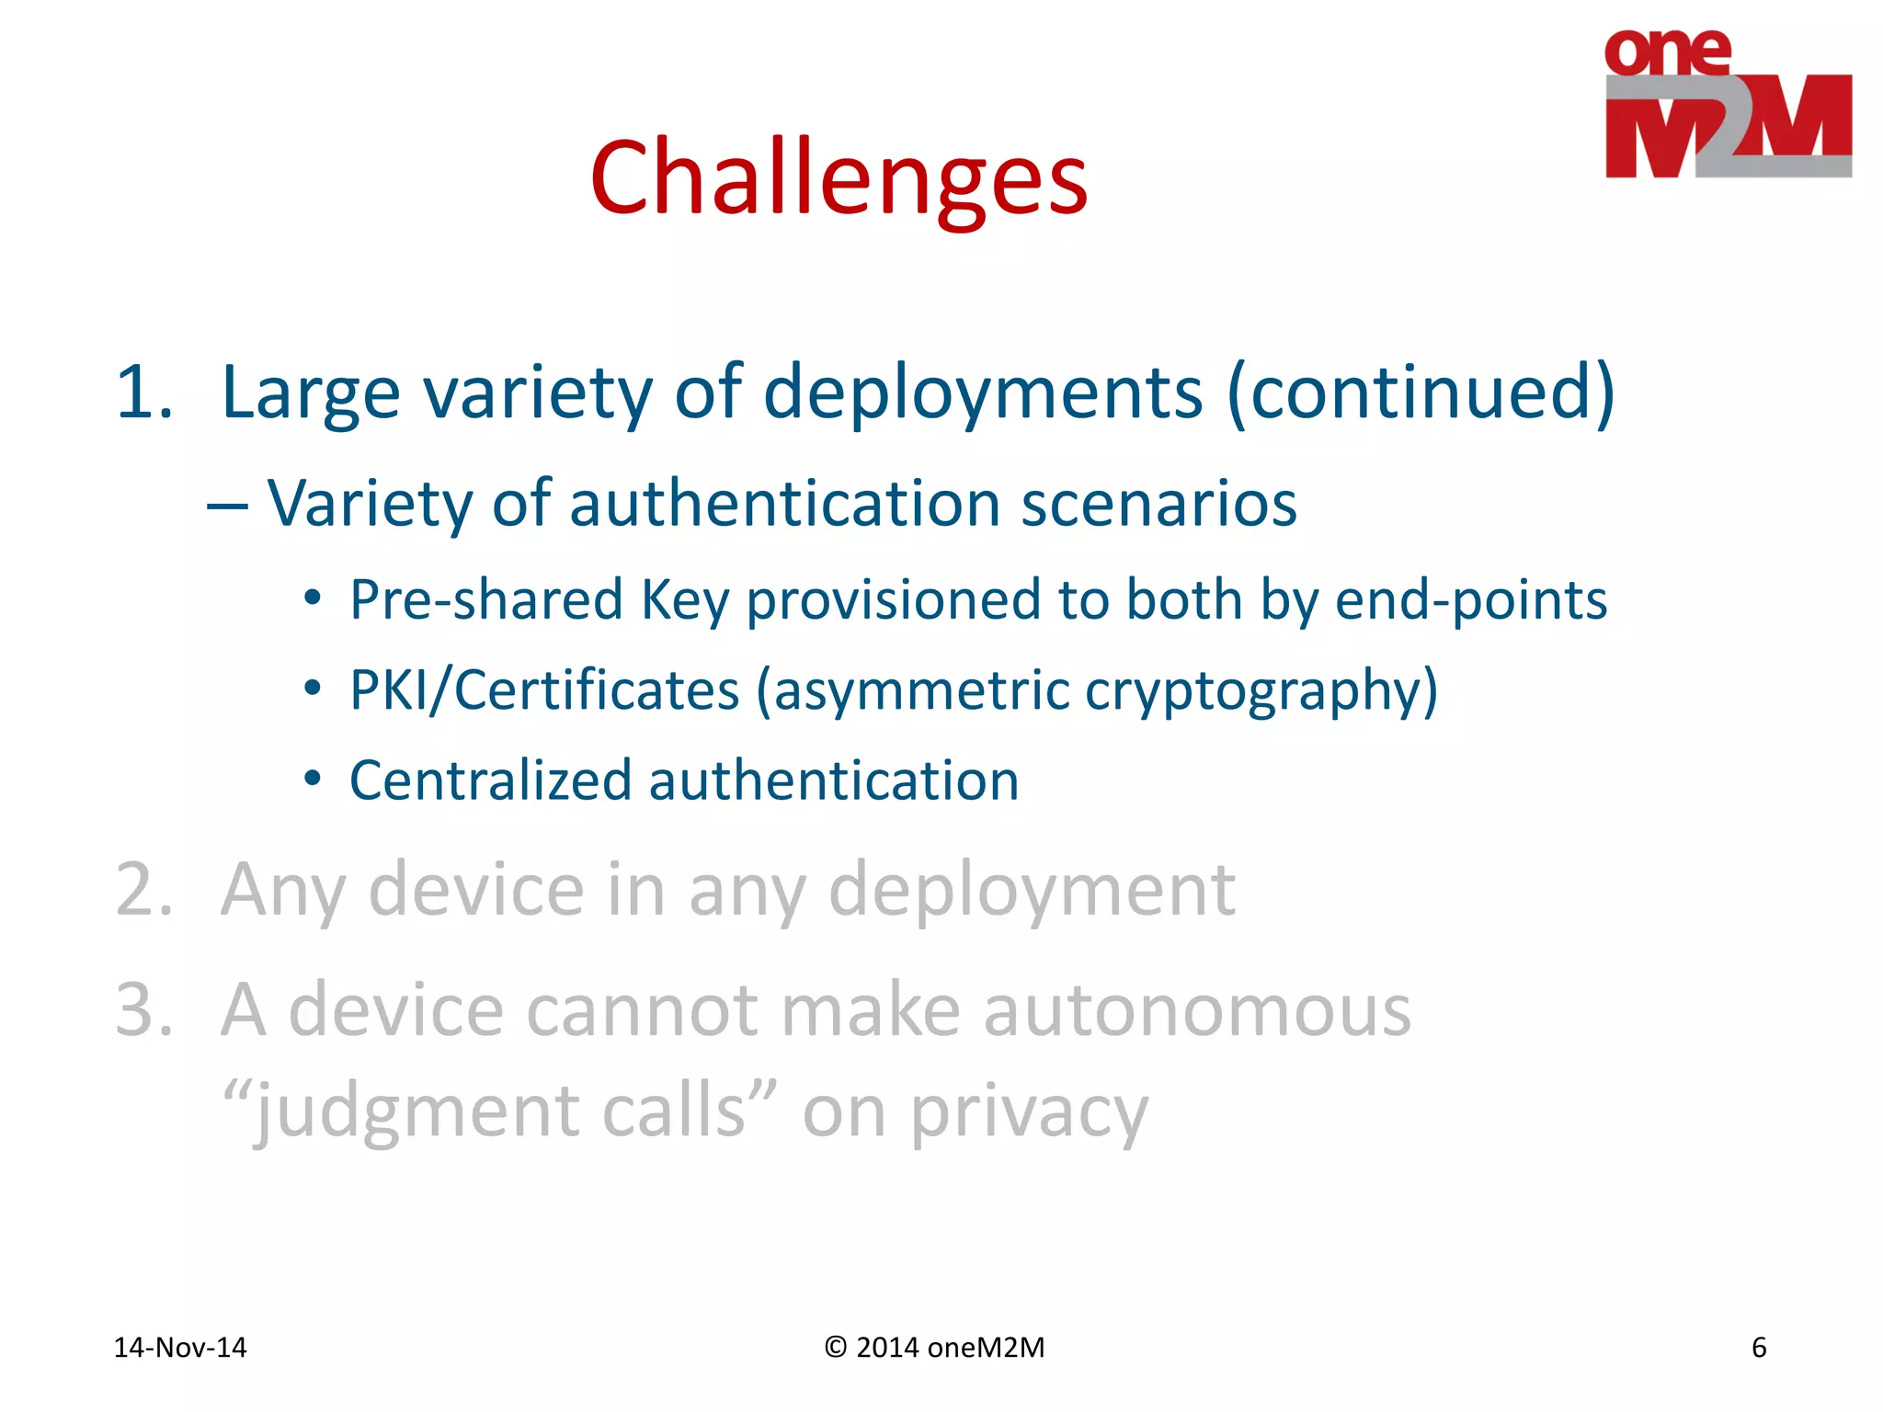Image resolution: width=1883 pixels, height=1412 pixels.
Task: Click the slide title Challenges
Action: [x=839, y=176]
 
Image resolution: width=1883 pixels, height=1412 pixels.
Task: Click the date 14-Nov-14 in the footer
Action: [x=179, y=1347]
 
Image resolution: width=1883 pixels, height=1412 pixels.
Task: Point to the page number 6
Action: [x=1758, y=1347]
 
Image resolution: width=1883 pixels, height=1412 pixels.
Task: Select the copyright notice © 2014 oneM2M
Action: [x=934, y=1347]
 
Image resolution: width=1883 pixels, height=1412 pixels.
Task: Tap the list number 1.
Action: [x=143, y=393]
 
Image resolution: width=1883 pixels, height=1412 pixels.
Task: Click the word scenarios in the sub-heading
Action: [x=1158, y=504]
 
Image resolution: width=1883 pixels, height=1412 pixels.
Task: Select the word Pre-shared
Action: [x=486, y=599]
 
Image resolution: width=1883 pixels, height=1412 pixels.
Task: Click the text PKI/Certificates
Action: [x=544, y=689]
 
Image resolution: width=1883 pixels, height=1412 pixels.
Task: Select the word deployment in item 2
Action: [x=1031, y=890]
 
